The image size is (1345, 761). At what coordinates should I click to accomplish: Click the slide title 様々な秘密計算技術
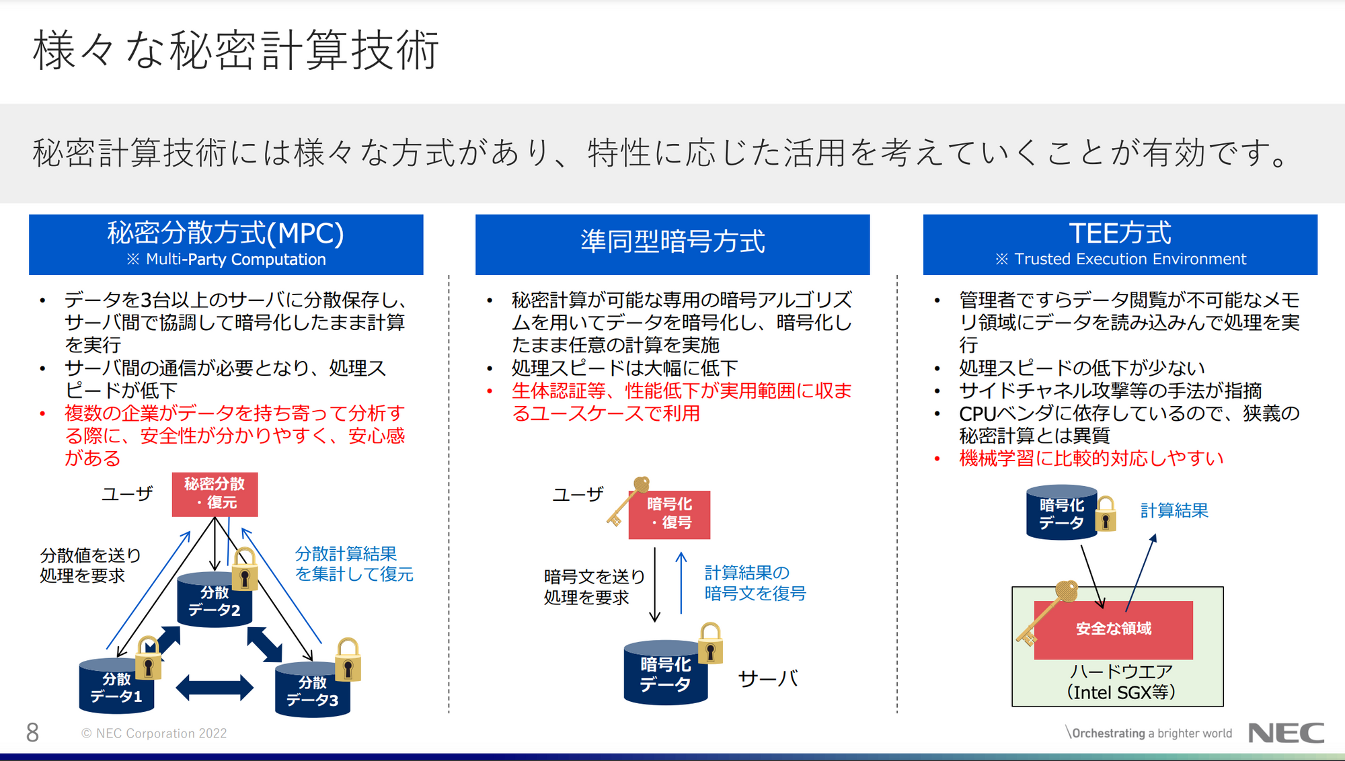[236, 50]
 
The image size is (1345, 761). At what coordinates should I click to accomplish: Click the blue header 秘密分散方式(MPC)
[226, 244]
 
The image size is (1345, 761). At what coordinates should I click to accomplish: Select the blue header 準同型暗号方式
[672, 244]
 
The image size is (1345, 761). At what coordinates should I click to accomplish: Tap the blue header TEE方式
[1120, 244]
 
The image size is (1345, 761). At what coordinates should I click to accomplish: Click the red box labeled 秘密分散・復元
[215, 494]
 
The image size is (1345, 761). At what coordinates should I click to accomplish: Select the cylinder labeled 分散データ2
[215, 600]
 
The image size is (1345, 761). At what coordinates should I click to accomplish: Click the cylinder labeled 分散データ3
[313, 690]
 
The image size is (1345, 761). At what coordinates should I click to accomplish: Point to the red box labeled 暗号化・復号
[669, 514]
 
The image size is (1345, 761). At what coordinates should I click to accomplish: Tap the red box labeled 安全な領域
[1114, 629]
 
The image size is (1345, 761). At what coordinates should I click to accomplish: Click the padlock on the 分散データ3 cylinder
[348, 659]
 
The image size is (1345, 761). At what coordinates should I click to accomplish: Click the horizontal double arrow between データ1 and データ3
[215, 688]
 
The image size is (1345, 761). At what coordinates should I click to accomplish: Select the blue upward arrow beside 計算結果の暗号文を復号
[681, 583]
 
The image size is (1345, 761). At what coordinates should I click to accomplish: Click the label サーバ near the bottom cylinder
[768, 679]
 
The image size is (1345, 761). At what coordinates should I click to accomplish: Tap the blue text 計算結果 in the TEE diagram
[1174, 510]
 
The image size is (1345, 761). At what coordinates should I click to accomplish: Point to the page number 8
[32, 733]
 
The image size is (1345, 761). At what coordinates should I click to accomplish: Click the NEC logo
[1286, 733]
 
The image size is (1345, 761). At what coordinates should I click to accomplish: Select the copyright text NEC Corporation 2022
[154, 733]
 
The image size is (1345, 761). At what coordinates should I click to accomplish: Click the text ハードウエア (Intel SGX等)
[1121, 682]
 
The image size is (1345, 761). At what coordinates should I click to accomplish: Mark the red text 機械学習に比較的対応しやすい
[1091, 458]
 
